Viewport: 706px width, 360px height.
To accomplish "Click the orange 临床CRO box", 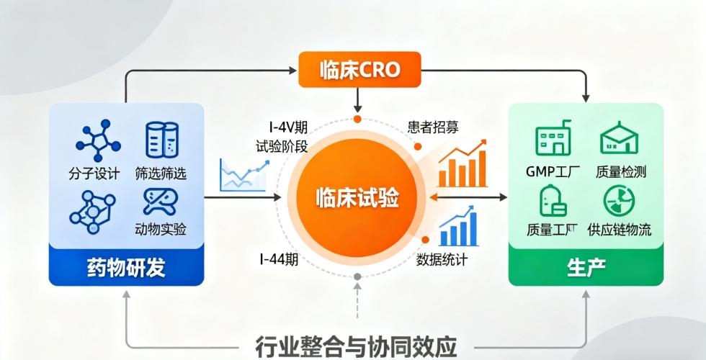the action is pos(359,69).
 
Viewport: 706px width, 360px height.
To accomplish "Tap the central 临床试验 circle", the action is pos(357,197).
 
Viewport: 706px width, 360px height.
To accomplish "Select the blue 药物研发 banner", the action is pos(127,267).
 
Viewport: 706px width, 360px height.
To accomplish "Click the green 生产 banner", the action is pos(586,267).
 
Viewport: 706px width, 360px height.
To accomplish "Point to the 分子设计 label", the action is pos(94,174).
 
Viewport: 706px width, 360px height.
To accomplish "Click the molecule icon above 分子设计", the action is pos(98,140).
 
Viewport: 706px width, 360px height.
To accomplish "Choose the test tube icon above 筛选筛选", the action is pos(162,140).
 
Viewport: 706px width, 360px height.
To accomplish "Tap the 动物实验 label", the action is pos(161,229).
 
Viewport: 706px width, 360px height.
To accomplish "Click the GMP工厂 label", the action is pos(553,171).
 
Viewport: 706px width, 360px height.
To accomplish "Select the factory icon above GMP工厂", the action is pos(553,138).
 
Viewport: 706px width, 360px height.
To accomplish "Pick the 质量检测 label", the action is pos(621,171).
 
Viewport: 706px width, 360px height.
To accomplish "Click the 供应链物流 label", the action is pos(619,230).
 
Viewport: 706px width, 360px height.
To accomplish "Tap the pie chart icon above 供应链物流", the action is pos(619,201).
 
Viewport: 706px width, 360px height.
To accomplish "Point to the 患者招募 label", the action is pos(433,127).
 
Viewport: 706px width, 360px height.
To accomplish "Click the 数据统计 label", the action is pos(442,259).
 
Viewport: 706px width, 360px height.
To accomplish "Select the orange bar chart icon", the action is pos(463,164).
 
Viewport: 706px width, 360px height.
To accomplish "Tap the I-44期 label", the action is pos(279,259).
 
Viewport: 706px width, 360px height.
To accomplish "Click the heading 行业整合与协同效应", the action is pos(356,346).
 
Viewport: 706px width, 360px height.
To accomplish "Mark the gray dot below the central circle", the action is pos(357,276).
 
